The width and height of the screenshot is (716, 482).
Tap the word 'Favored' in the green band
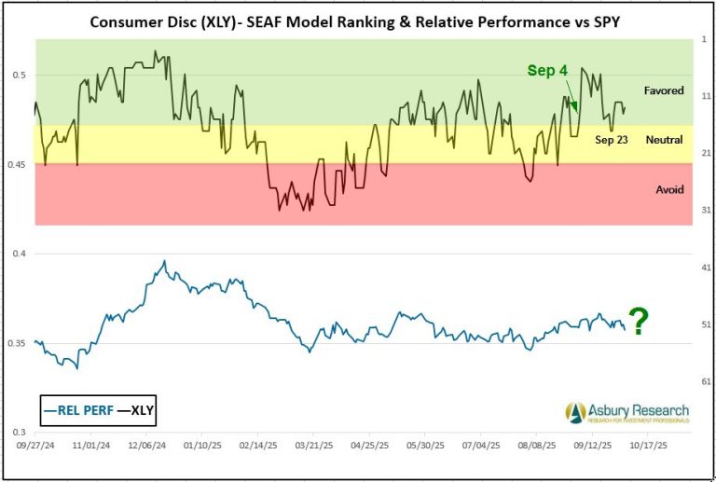click(664, 90)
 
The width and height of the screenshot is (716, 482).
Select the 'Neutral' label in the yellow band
click(663, 139)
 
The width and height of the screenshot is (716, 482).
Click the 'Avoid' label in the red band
click(669, 189)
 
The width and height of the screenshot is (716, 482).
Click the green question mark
click(639, 323)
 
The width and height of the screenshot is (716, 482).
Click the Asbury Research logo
click(626, 411)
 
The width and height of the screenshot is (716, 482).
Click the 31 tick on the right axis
click(705, 210)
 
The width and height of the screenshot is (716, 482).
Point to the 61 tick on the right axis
click(705, 381)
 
